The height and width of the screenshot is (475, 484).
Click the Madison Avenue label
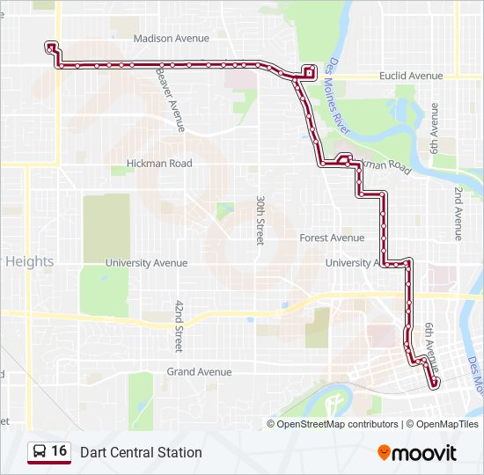(x=171, y=39)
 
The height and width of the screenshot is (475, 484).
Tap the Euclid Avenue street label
(x=411, y=77)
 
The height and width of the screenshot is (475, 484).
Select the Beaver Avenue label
(x=170, y=99)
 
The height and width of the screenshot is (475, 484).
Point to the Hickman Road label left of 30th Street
(x=159, y=164)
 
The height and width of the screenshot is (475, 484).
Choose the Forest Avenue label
(x=332, y=238)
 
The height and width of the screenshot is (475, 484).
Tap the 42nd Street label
(x=179, y=326)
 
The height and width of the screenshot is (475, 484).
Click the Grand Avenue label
(x=199, y=372)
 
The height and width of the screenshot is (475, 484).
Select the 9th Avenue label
(x=434, y=126)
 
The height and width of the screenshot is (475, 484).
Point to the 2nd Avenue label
(x=458, y=214)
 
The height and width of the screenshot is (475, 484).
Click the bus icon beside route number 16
(x=40, y=451)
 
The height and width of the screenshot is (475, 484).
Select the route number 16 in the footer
(x=59, y=451)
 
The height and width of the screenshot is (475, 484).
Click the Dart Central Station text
(x=141, y=452)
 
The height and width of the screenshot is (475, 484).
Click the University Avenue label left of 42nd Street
(x=146, y=263)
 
